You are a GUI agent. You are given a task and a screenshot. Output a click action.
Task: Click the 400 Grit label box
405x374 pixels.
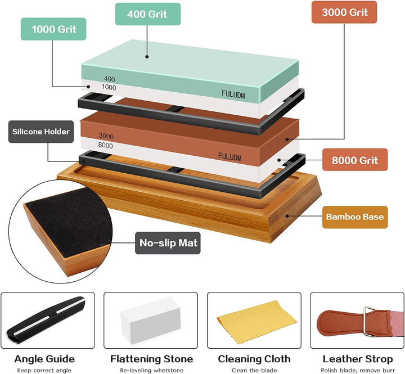point(148,14)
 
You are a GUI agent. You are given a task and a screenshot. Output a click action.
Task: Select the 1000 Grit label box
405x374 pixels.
point(53,29)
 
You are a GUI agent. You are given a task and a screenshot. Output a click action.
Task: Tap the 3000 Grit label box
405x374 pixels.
point(344,12)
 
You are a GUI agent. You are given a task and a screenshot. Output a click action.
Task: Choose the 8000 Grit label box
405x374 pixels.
point(355,160)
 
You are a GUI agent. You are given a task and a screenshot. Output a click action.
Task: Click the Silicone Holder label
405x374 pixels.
point(41,132)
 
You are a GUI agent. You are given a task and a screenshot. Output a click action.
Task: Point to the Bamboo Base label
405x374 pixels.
point(355,217)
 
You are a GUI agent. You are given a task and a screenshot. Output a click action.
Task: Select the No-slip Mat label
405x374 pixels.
point(168,243)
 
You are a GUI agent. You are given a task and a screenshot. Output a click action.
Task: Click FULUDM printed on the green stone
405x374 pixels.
point(233,94)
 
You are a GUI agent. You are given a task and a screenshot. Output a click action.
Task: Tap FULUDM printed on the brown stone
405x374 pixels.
point(229,157)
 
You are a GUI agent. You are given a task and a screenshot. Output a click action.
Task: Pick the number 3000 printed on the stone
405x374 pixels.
point(106,136)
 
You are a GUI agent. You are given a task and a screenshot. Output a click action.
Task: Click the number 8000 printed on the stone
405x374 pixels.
point(105,145)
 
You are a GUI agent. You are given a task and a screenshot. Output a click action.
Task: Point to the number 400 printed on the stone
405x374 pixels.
point(110,79)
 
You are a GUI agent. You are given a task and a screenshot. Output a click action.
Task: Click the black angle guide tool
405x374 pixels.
point(46,320)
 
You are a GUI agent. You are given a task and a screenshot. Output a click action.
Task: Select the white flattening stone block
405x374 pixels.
point(150,320)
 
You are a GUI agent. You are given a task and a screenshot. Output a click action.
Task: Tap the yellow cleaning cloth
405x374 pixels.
point(256,322)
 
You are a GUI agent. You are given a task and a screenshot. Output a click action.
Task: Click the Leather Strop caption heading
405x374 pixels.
point(358,359)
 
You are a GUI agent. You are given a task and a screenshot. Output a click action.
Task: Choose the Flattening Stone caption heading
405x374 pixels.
point(152,359)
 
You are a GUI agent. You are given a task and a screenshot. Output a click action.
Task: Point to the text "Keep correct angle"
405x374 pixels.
point(44,371)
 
